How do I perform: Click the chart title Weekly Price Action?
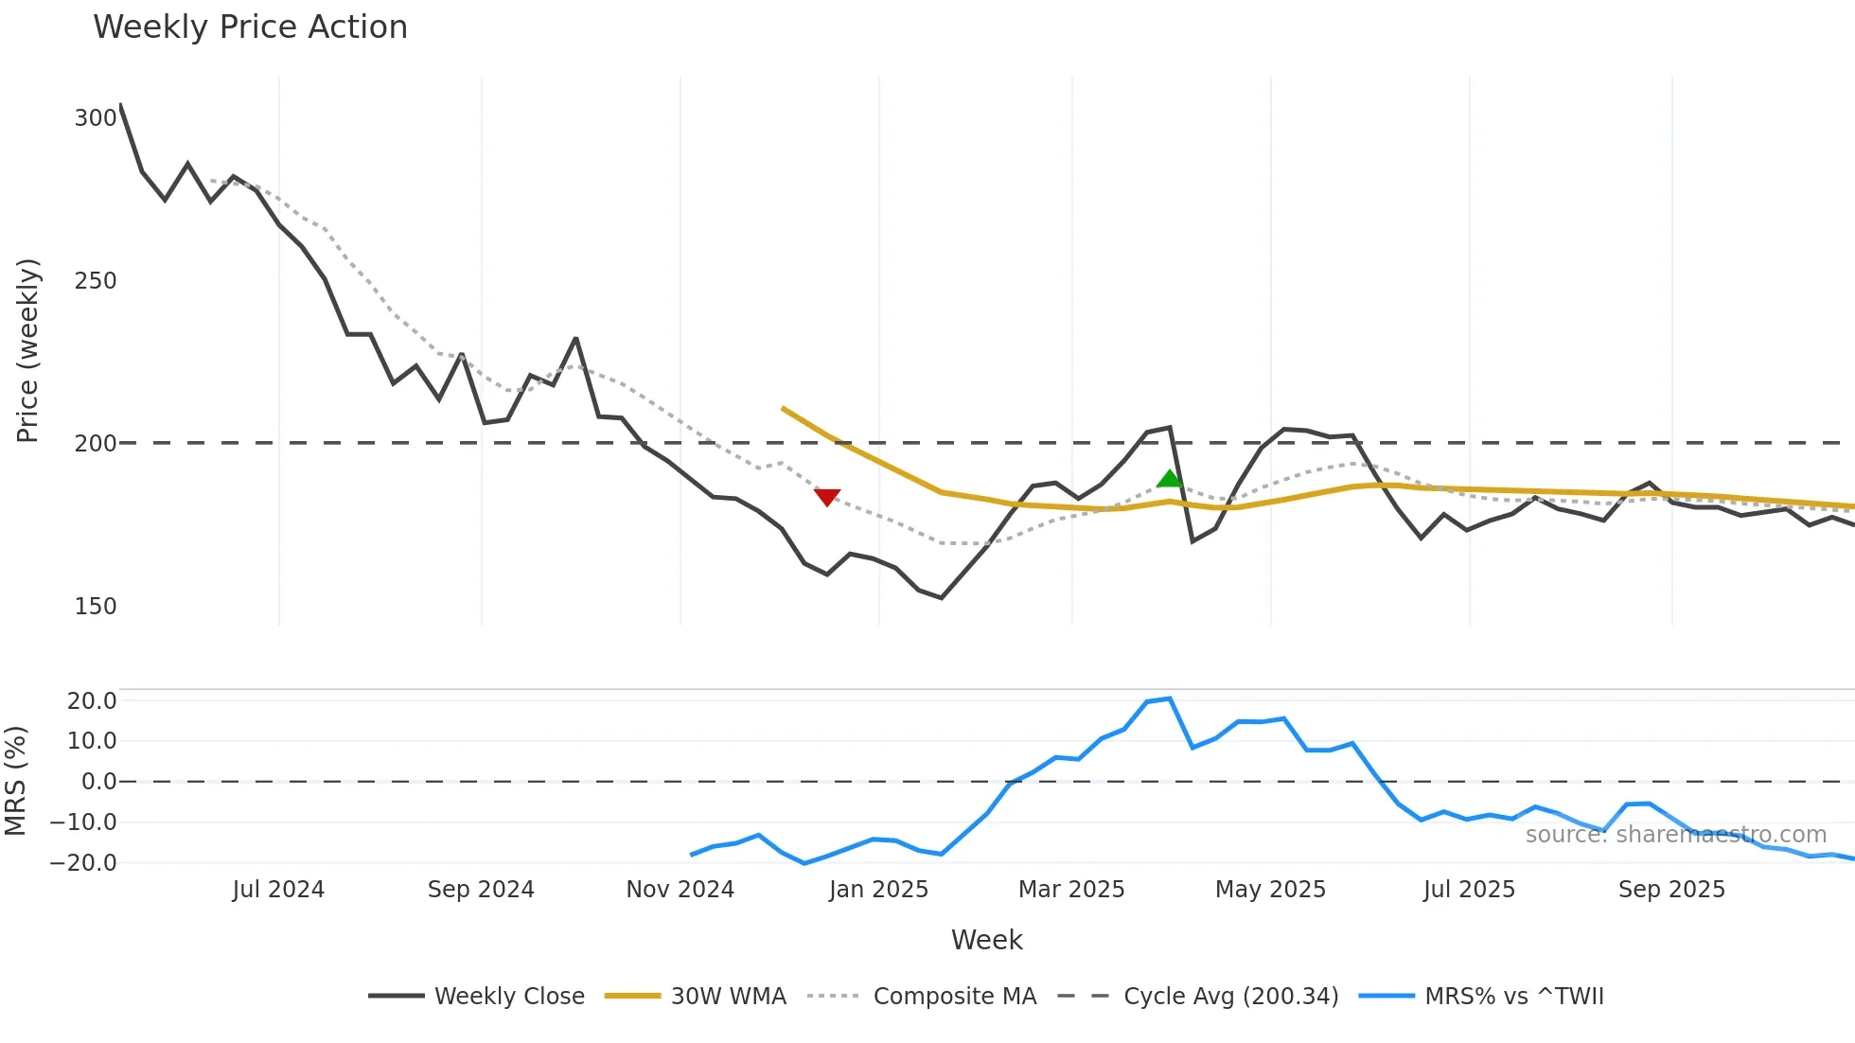tap(250, 27)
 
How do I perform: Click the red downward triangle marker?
tap(827, 497)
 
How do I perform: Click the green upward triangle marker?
tap(1170, 479)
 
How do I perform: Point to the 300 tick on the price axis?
tap(95, 118)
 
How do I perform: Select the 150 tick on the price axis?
tap(95, 607)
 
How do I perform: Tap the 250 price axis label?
tap(95, 281)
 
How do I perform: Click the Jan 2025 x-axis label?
tap(878, 890)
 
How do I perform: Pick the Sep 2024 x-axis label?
tap(481, 890)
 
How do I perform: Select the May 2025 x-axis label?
tap(1270, 890)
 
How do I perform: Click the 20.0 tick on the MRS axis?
tap(92, 701)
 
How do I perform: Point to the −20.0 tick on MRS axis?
tap(83, 863)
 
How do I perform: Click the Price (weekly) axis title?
tap(27, 350)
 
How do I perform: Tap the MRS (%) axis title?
tap(15, 781)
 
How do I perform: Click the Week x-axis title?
tap(986, 940)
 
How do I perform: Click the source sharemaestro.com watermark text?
tap(1675, 835)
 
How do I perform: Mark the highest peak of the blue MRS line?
tap(1170, 698)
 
